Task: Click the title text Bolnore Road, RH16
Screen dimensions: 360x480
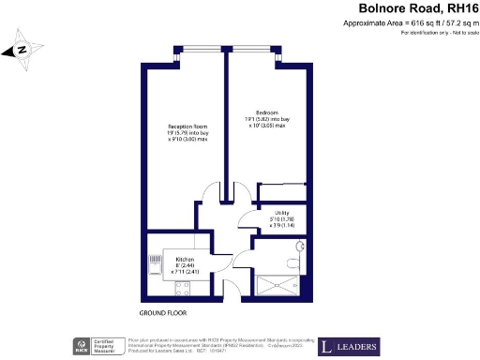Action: (x=408, y=8)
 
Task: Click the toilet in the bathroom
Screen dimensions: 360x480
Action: (x=299, y=247)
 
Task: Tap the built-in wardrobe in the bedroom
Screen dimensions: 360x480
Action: (x=281, y=190)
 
